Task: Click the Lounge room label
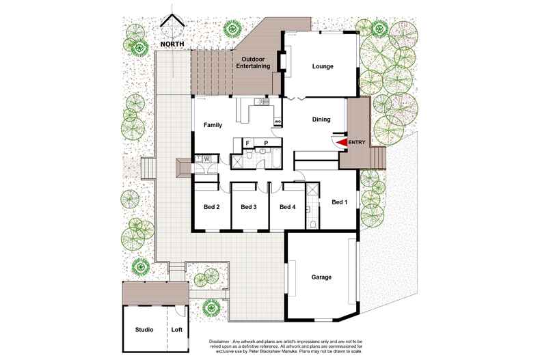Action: point(323,67)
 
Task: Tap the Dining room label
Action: point(321,120)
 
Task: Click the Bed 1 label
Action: point(340,202)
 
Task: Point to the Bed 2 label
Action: point(211,207)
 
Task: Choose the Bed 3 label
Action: point(249,207)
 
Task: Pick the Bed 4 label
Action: point(287,207)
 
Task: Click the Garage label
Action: point(321,277)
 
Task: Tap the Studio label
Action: point(144,329)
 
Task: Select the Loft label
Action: point(177,329)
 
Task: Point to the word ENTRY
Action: point(357,142)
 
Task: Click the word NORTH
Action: point(172,45)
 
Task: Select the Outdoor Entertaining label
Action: point(254,63)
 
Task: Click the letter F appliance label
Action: point(247,144)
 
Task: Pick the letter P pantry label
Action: point(266,144)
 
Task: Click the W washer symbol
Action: point(206,159)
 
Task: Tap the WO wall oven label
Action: point(278,122)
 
